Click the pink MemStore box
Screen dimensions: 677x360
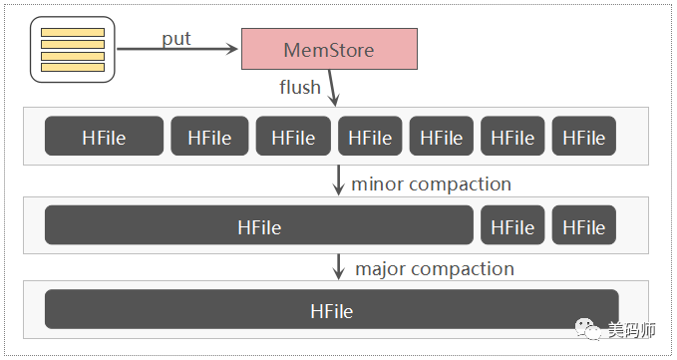[329, 49]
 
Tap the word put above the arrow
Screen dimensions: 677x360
[176, 39]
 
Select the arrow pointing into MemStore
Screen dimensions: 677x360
[177, 49]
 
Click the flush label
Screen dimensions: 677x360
[300, 87]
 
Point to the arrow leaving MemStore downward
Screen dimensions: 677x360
[332, 88]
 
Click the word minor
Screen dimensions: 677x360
[378, 183]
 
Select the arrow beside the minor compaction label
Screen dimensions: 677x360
[339, 180]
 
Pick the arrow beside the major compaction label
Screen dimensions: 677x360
[339, 266]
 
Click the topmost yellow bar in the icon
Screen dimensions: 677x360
[73, 32]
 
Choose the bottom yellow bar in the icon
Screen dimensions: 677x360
[73, 67]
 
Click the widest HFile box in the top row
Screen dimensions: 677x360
[104, 136]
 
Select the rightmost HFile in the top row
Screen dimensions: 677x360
[583, 136]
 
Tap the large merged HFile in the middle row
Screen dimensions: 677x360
[259, 225]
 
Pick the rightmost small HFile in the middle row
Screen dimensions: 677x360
[583, 225]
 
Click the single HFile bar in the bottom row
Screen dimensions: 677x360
[332, 309]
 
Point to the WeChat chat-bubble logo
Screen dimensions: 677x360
[587, 329]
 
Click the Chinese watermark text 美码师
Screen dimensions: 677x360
[632, 330]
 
